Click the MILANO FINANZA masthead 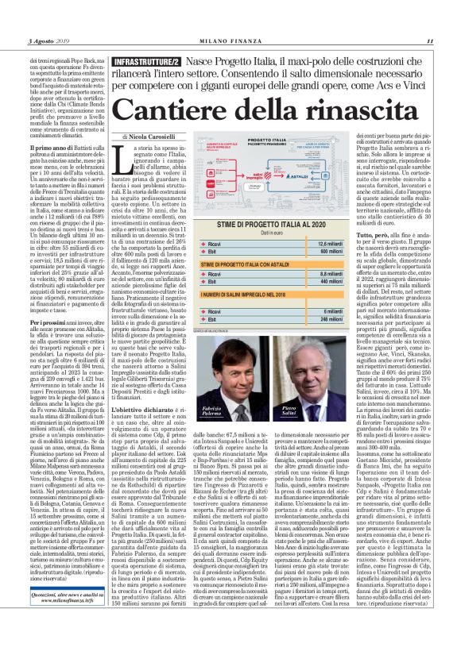tap(230, 41)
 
